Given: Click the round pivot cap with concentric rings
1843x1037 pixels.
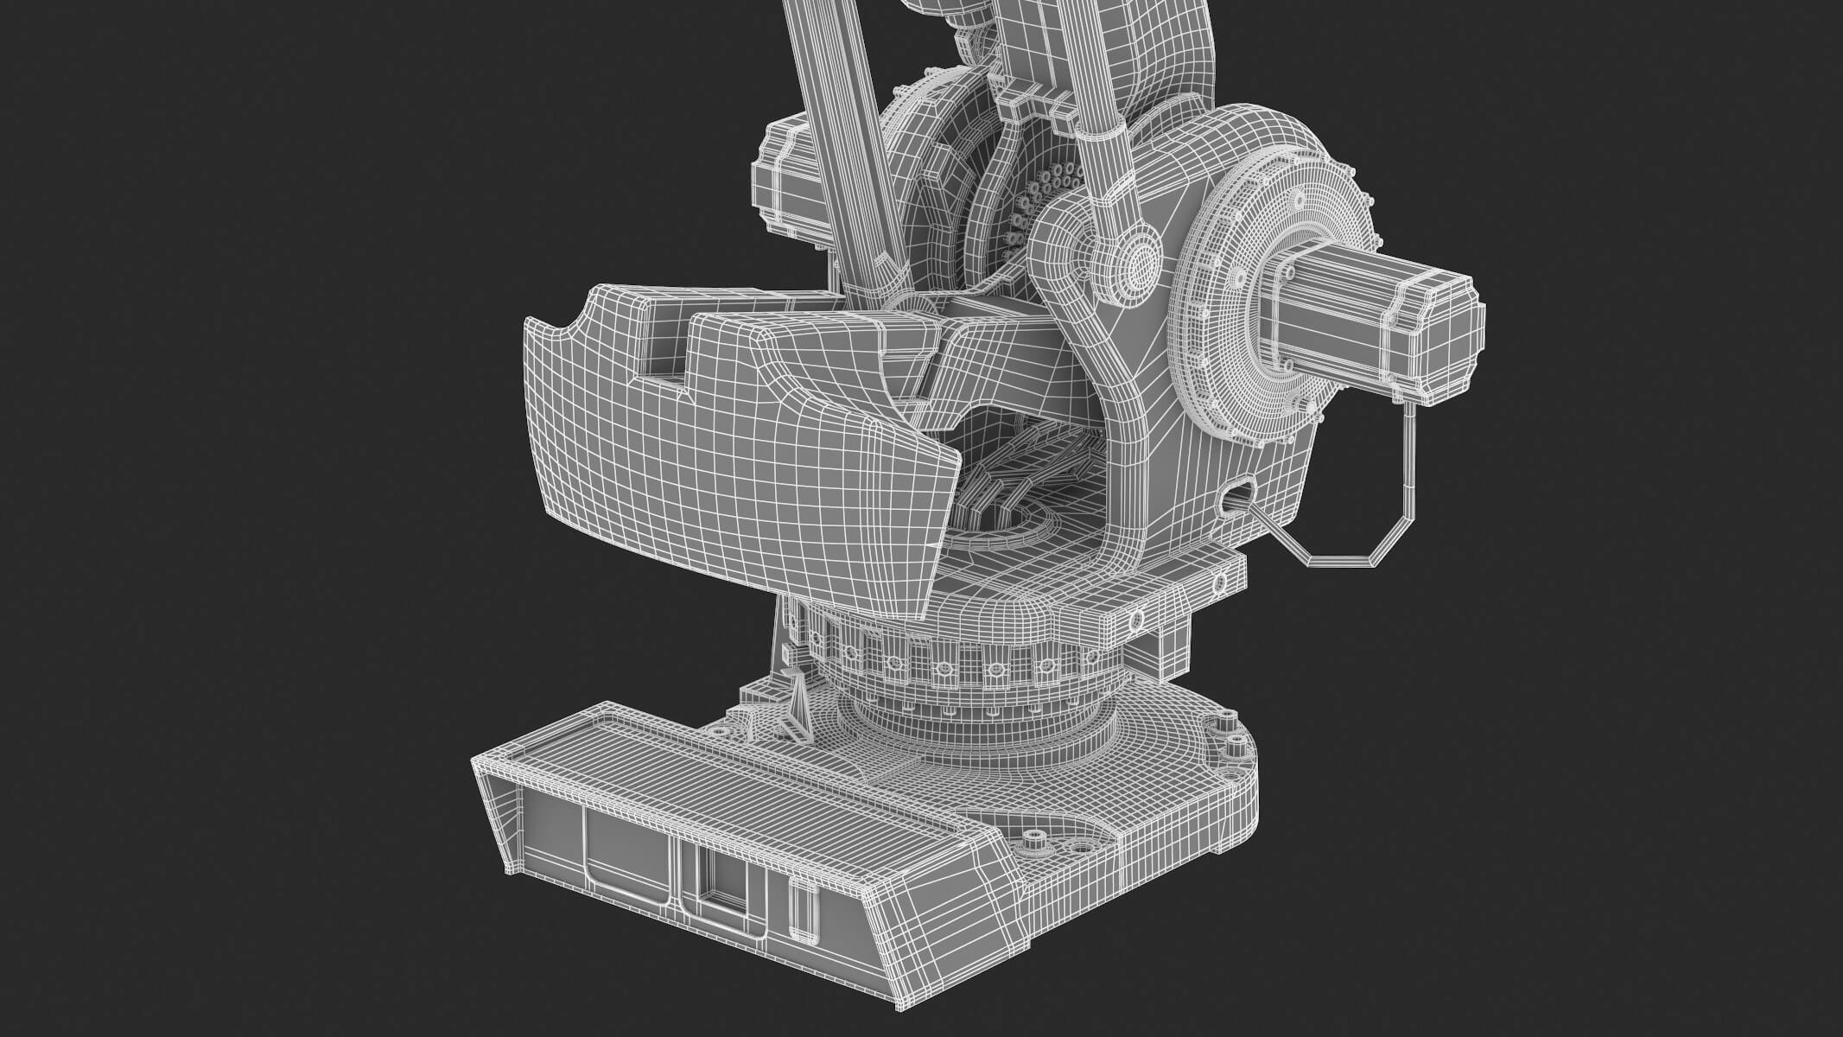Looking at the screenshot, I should click(x=1141, y=260).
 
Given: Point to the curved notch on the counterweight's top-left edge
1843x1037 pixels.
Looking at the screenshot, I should click(x=570, y=326).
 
